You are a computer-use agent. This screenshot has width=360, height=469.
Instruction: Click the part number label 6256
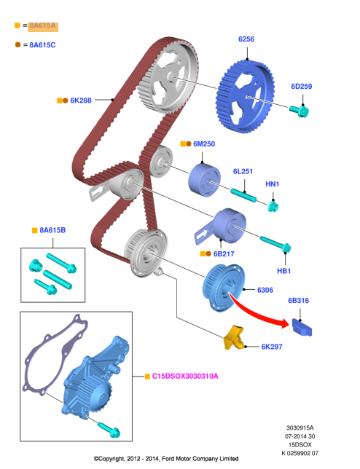tap(246, 39)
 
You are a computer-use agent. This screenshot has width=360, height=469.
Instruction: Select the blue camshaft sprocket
tap(245, 96)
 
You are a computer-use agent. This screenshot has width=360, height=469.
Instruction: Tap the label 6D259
tap(302, 87)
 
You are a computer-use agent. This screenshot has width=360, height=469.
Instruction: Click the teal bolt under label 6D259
tap(299, 111)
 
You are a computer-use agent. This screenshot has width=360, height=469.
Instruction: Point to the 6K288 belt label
tap(81, 100)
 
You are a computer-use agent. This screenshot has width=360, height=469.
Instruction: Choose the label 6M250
tap(204, 144)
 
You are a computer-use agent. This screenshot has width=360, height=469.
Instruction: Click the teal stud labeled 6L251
tap(243, 195)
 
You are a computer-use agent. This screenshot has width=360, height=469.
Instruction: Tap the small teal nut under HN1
tap(273, 206)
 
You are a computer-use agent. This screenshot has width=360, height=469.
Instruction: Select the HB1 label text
tap(283, 271)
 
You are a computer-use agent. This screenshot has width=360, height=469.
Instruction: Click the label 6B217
tap(224, 254)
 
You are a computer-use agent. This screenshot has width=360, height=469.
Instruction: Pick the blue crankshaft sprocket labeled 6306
tap(224, 288)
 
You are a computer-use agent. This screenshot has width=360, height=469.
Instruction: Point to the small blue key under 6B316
tap(302, 327)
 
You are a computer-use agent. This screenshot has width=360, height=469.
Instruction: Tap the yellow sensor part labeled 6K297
tap(234, 338)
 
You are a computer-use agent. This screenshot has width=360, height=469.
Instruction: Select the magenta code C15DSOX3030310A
tap(185, 377)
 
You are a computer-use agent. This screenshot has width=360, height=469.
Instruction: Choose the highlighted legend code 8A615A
tap(42, 25)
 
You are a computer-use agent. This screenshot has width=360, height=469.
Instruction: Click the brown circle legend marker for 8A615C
tap(18, 44)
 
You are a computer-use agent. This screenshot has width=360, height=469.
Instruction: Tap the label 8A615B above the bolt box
tap(52, 230)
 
